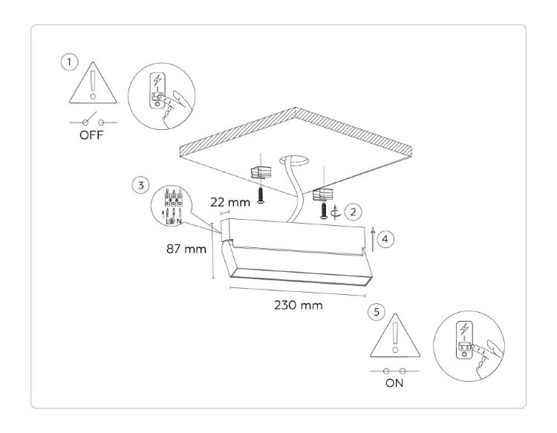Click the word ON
394,385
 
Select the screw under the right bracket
325,211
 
